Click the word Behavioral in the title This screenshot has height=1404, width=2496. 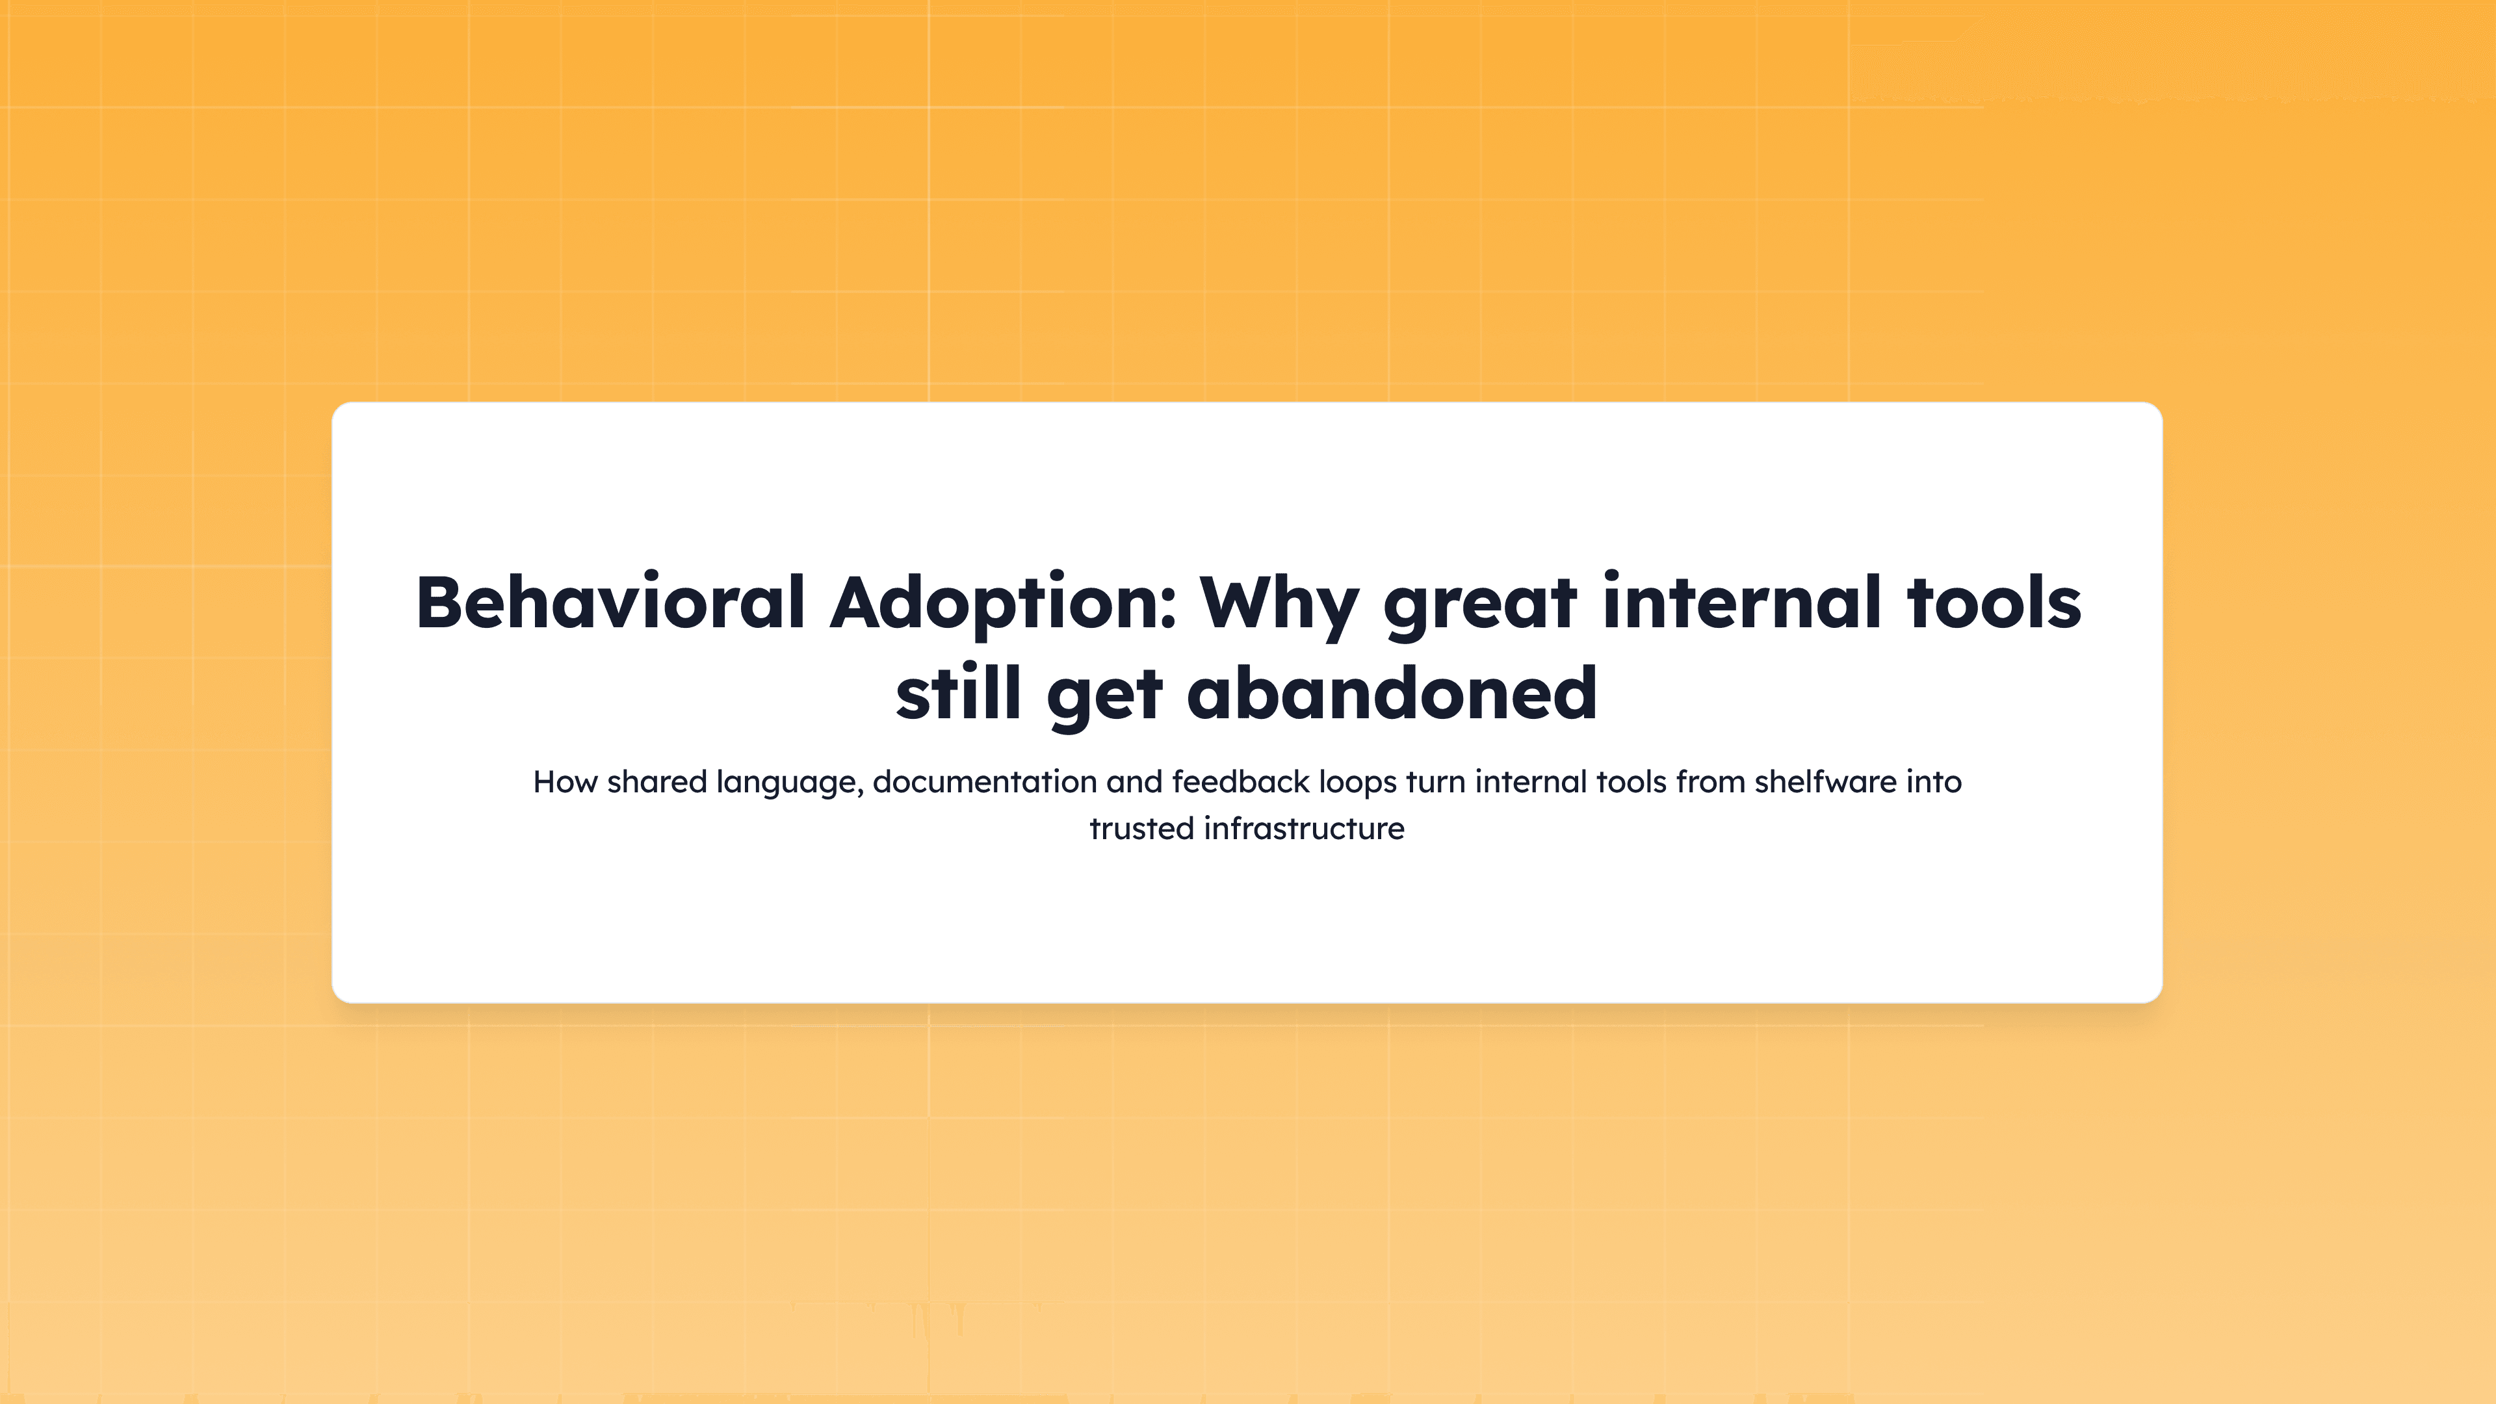tap(610, 603)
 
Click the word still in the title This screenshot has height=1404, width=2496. tap(958, 694)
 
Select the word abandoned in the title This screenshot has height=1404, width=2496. tap(1392, 694)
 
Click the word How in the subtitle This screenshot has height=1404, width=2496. tap(565, 782)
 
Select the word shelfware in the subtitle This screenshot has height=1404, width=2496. tap(1825, 782)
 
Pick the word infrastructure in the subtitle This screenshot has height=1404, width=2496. tap(1304, 829)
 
